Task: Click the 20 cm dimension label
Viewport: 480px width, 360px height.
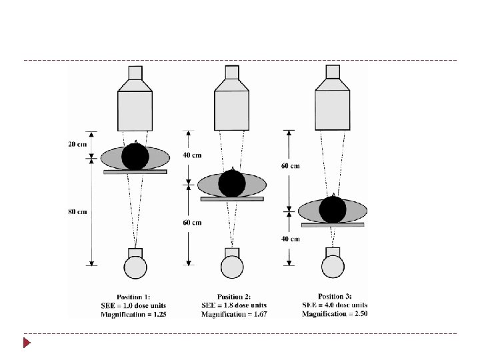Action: [77, 144]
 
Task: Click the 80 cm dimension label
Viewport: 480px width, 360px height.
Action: [77, 212]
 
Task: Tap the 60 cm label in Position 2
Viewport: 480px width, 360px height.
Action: [192, 223]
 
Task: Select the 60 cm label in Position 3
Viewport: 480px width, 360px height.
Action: [290, 166]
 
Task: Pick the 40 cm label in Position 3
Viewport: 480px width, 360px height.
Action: [290, 238]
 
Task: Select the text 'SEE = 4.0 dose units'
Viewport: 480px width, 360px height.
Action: [334, 305]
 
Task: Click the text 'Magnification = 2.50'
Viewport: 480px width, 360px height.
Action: [334, 313]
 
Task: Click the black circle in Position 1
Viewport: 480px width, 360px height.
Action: [135, 157]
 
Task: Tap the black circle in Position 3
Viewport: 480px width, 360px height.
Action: [332, 209]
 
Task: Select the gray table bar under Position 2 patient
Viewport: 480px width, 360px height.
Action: [232, 198]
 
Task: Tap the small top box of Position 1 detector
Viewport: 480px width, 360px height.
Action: [135, 72]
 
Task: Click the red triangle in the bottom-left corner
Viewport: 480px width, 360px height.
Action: [27, 343]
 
